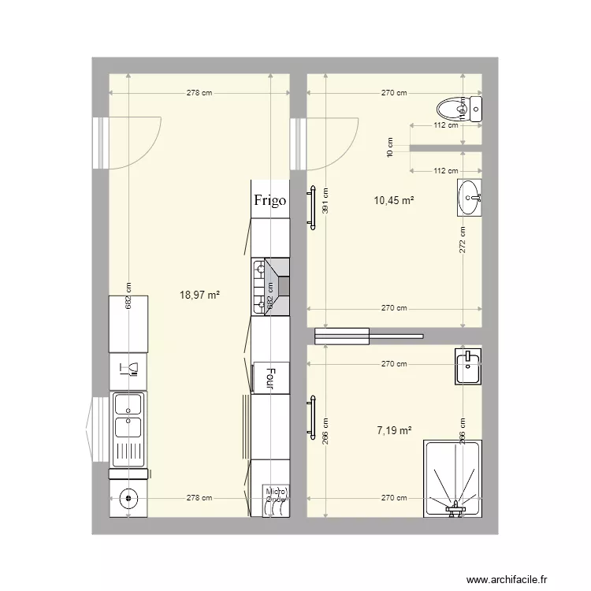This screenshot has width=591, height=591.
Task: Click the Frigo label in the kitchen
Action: click(269, 200)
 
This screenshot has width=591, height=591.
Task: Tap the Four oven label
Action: click(270, 377)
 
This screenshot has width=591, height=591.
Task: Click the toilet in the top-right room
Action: click(456, 109)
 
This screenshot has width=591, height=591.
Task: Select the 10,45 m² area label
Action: click(394, 200)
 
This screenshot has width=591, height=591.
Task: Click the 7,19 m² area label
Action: click(394, 430)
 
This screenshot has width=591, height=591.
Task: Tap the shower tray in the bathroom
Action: click(452, 479)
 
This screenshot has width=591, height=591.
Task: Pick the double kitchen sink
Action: click(128, 416)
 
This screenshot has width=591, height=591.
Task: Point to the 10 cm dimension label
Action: click(389, 147)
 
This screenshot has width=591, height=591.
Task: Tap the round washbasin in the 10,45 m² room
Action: click(470, 197)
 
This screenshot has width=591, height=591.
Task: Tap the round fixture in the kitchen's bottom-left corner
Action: click(127, 497)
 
